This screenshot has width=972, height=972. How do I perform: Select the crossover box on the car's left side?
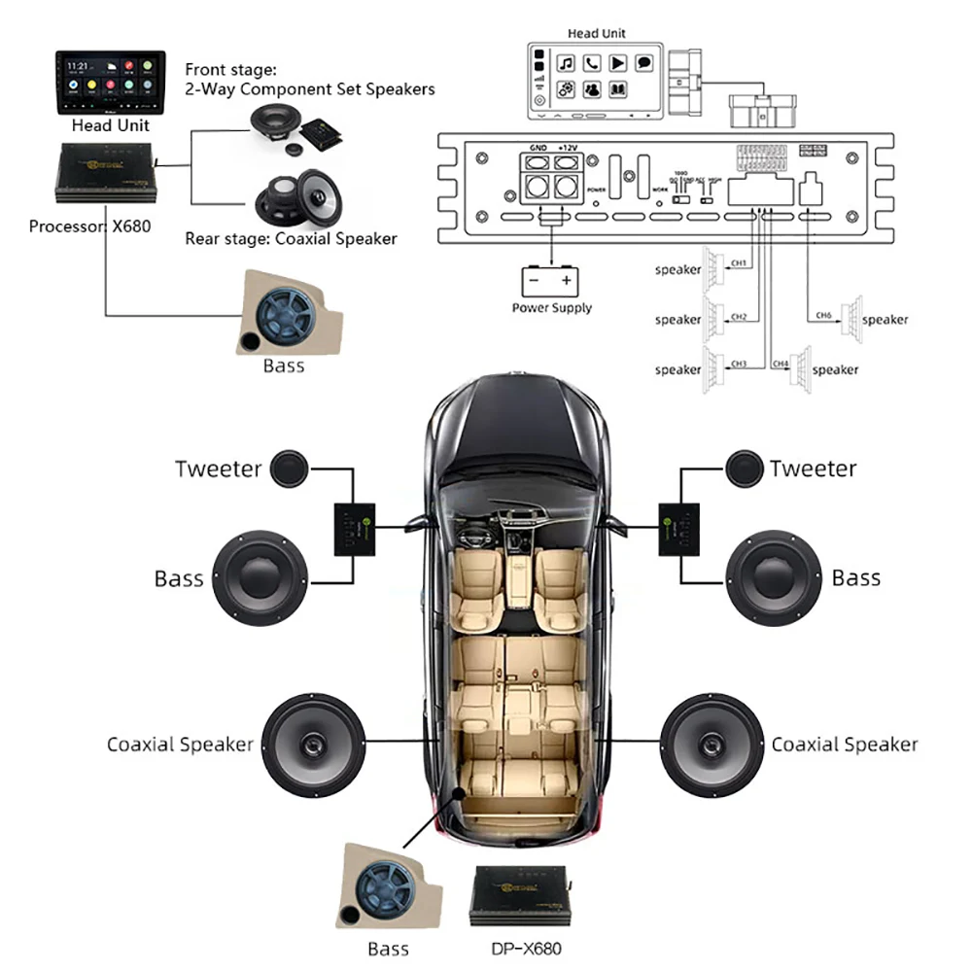pos(355,530)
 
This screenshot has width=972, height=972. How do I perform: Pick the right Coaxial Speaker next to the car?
pos(710,743)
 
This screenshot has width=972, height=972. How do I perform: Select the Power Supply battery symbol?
pos(550,282)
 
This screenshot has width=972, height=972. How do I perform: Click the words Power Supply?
pos(551,308)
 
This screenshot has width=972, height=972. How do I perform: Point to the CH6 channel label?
pos(824,315)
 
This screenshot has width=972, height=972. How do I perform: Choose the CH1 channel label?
pos(739,262)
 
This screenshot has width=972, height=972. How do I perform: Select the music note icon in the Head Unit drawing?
pos(566,64)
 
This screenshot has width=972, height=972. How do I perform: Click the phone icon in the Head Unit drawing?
pos(591,64)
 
